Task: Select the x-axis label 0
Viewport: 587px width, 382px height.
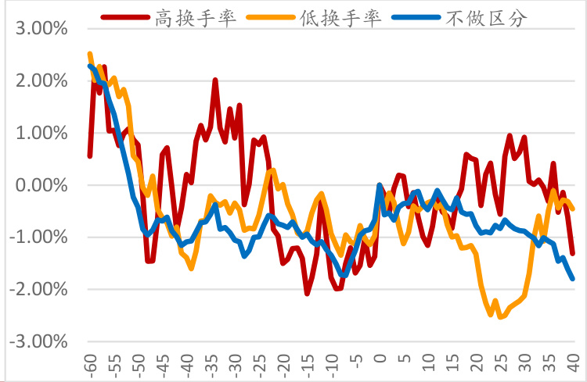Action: [x=380, y=362]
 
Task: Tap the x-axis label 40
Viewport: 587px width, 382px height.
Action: [x=574, y=364]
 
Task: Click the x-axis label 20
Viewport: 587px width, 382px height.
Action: [x=477, y=364]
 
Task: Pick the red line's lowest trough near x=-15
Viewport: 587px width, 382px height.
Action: [x=308, y=293]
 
